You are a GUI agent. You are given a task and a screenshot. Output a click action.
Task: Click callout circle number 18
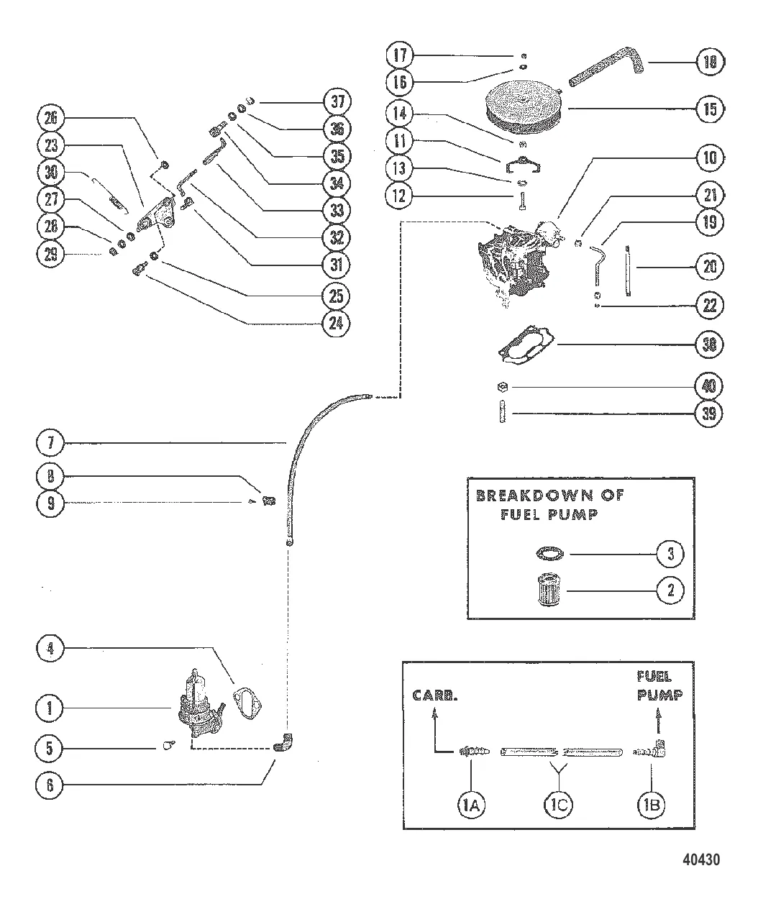710,63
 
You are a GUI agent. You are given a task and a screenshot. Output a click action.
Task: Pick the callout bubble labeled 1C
560,806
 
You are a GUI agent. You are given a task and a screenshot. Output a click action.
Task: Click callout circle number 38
710,345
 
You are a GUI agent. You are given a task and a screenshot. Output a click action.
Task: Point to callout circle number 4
50,651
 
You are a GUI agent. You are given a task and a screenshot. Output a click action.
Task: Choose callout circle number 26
50,117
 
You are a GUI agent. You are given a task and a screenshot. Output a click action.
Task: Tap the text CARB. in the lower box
433,695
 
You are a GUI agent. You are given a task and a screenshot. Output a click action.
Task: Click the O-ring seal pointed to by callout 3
552,554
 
